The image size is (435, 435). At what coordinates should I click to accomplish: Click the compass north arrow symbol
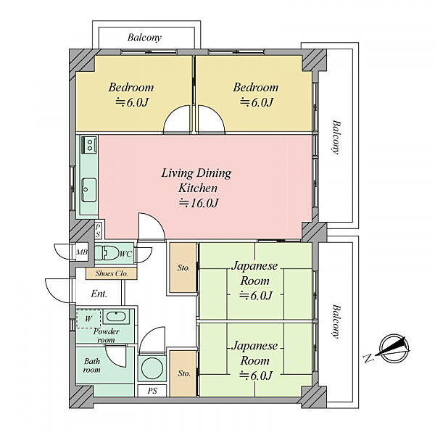pyautogui.click(x=394, y=348)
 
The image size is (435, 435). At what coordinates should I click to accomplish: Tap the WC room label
pyautogui.click(x=125, y=254)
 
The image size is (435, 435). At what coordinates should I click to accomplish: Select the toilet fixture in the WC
pyautogui.click(x=107, y=252)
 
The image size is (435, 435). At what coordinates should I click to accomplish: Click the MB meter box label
pyautogui.click(x=82, y=252)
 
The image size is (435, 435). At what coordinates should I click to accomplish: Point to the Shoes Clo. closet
pyautogui.click(x=111, y=273)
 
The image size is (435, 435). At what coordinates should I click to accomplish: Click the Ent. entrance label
pyautogui.click(x=99, y=294)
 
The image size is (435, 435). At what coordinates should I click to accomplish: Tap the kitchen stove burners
pyautogui.click(x=89, y=144)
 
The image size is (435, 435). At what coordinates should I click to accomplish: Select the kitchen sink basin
pyautogui.click(x=89, y=190)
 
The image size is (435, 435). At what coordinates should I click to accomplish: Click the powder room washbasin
pyautogui.click(x=116, y=317)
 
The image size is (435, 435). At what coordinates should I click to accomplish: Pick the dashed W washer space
pyautogui.click(x=88, y=319)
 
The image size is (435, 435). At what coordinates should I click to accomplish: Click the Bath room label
pyautogui.click(x=92, y=365)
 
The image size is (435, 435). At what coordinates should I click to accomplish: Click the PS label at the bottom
pyautogui.click(x=152, y=391)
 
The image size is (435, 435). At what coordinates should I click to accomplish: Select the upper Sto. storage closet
pyautogui.click(x=183, y=268)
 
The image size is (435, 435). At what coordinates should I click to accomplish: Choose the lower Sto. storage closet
pyautogui.click(x=183, y=373)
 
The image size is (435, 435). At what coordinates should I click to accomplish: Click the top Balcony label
pyautogui.click(x=144, y=38)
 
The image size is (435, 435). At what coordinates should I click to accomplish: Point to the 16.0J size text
pyautogui.click(x=199, y=203)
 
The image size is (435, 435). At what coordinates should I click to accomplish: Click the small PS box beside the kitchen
pyautogui.click(x=98, y=231)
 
